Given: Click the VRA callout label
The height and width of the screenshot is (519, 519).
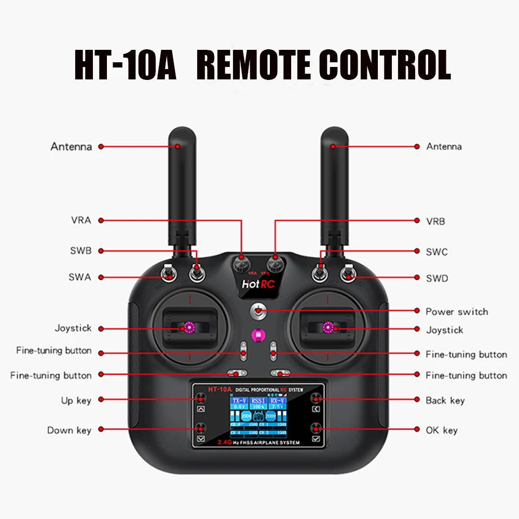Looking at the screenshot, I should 81,220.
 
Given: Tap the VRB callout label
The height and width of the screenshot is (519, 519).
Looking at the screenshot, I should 435,221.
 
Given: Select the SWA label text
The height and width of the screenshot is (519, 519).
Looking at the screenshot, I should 79,277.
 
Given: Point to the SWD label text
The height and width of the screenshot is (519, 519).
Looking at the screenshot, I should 436,279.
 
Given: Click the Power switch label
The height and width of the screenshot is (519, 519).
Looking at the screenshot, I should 457,311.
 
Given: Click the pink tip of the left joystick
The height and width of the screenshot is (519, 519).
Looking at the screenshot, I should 187,327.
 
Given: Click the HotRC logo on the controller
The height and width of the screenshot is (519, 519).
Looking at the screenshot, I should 258,284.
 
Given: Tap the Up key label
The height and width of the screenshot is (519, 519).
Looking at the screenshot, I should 76,400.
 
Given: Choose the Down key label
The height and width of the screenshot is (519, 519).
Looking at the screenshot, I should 69,430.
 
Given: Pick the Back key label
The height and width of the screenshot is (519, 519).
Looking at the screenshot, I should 445,400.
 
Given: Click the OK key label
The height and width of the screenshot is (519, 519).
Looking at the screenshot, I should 442,430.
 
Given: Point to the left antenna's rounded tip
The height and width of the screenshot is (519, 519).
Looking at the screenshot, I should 177,136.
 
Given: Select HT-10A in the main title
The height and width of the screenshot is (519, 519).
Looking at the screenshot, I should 125,65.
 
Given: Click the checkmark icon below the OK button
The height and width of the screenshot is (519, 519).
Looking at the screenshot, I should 317,439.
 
